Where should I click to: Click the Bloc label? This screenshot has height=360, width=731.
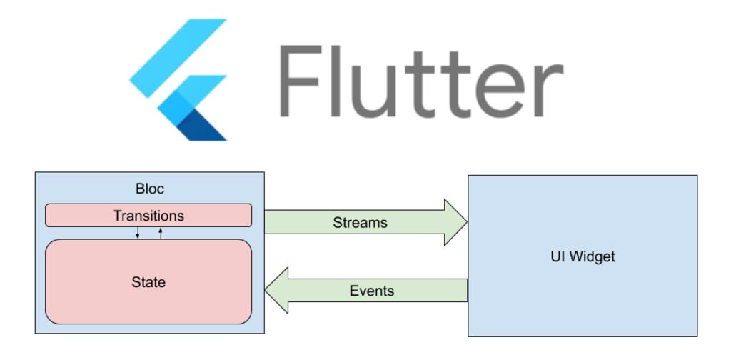[x=149, y=189]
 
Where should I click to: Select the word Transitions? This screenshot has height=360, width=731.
[x=148, y=215]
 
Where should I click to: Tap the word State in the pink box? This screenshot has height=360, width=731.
[x=148, y=282]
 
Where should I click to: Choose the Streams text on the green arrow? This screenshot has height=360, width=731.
[x=360, y=223]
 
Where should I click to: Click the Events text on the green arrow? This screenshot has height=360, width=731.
[x=371, y=291]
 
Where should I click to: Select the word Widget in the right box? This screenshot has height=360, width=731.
[x=590, y=256]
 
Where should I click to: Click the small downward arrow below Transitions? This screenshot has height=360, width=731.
[x=138, y=234]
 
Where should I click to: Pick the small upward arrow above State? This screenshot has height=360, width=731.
[x=161, y=233]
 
